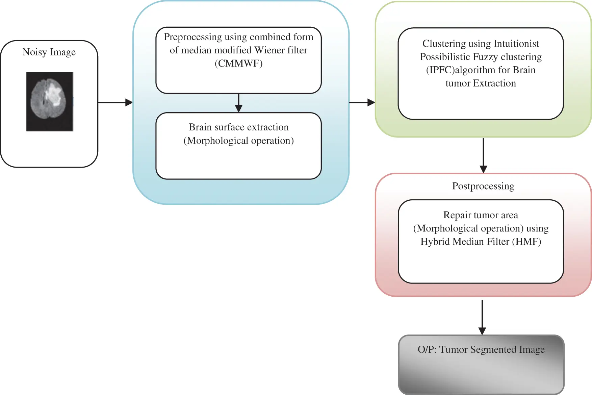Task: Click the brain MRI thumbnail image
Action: click(50, 102)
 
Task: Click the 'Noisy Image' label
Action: click(49, 52)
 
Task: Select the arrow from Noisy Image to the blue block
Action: click(115, 102)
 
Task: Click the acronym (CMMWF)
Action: click(238, 63)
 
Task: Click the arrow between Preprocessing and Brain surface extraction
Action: click(238, 103)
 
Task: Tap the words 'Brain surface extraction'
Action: click(238, 127)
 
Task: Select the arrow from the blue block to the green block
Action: click(362, 102)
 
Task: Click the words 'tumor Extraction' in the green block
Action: click(481, 83)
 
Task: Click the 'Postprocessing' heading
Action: click(483, 186)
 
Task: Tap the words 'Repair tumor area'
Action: click(481, 215)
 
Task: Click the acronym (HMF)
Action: click(526, 242)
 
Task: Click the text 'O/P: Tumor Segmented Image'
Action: click(481, 349)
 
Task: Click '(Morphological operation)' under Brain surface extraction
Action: click(238, 141)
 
